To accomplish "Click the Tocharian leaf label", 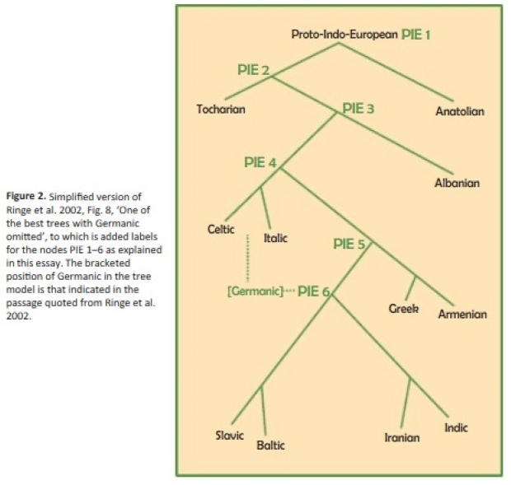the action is click(221, 109).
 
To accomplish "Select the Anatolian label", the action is click(460, 111).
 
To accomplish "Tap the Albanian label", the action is click(457, 183).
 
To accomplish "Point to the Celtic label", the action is click(221, 229).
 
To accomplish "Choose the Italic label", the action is click(275, 238).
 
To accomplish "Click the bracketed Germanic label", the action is click(255, 291).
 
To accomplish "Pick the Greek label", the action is click(404, 308).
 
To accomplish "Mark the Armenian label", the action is click(462, 314).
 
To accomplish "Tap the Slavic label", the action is click(229, 436).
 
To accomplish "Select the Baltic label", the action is click(270, 445).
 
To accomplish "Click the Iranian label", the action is click(402, 437).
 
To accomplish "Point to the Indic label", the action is click(456, 427).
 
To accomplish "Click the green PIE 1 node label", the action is click(416, 35).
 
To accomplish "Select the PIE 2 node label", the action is click(253, 70).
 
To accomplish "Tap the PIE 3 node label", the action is click(359, 109).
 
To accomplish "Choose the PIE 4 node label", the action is click(260, 162).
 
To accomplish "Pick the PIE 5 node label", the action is click(349, 244).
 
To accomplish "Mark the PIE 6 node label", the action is click(314, 291).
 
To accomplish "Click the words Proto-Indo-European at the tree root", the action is click(345, 35).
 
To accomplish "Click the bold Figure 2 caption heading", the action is click(26, 196).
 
